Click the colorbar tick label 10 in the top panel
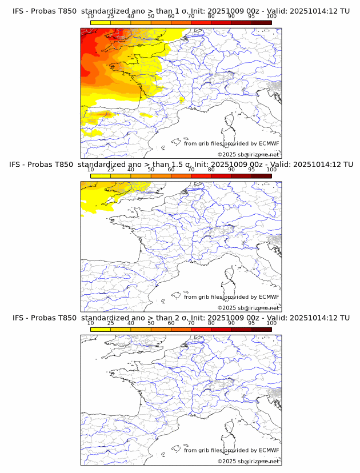click(x=90, y=16)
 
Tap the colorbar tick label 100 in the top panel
click(x=271, y=16)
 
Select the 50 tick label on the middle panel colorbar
click(x=151, y=170)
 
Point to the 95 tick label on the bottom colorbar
click(x=251, y=323)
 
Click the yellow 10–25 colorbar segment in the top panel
click(x=101, y=22)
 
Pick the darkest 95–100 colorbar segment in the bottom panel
click(x=261, y=329)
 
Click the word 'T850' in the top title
click(x=65, y=11)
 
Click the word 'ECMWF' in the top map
click(x=269, y=143)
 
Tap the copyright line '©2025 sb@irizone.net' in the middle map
click(x=248, y=308)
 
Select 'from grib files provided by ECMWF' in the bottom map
click(x=231, y=450)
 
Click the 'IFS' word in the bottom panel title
click(x=18, y=318)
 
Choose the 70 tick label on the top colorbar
click(x=191, y=16)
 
